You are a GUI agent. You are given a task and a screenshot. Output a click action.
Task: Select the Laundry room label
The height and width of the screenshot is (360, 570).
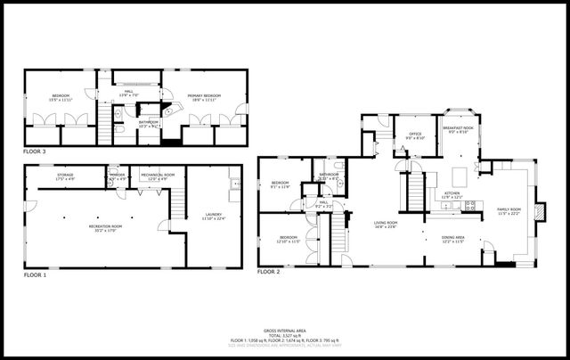click(x=213, y=215)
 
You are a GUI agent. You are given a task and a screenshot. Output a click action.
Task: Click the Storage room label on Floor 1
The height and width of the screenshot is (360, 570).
click(x=65, y=176)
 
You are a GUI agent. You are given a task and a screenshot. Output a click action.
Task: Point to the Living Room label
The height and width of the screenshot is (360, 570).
click(x=385, y=225)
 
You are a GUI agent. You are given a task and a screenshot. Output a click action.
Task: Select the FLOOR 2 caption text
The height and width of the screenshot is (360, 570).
click(x=269, y=271)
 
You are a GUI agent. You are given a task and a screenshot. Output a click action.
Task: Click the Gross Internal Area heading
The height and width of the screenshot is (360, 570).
click(x=285, y=329)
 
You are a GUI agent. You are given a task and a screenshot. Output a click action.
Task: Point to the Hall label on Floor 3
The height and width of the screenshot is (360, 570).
click(x=129, y=94)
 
